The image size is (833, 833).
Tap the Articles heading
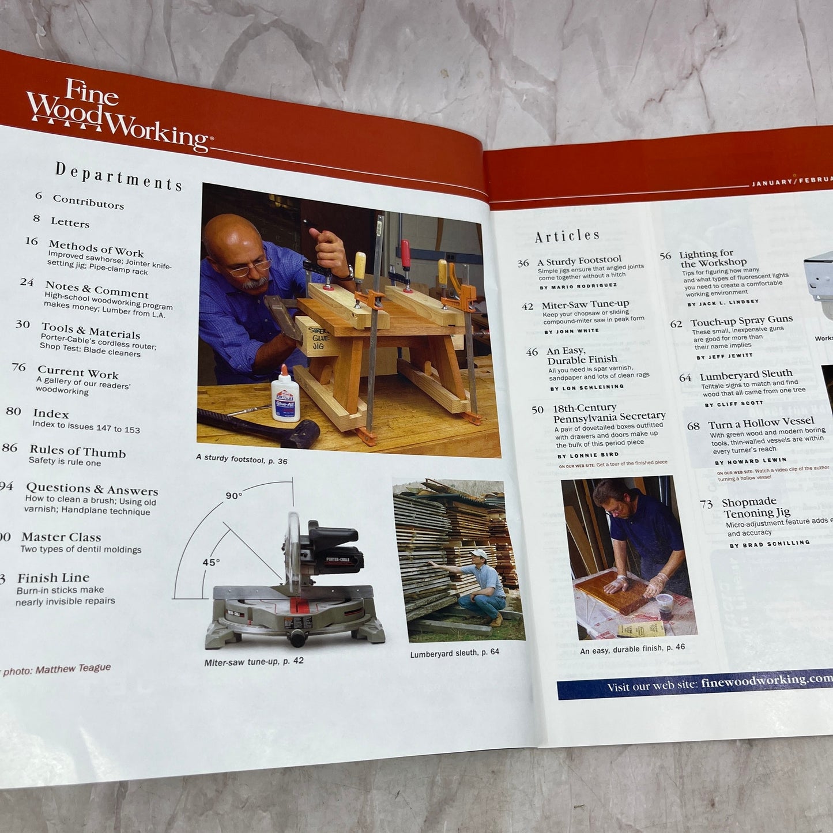coord(567,236)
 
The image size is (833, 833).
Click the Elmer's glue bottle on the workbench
coord(285,395)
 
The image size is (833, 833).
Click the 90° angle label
coord(233,496)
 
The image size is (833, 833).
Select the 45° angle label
coord(211,562)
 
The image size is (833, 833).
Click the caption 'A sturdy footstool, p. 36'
coord(242,459)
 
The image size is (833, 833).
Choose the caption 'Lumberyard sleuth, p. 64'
coord(454,653)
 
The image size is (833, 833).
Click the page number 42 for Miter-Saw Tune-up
coord(527,307)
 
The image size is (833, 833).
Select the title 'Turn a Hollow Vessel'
coord(761,423)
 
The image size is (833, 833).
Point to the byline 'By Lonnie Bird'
coord(588,455)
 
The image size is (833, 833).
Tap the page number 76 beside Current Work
coord(18,367)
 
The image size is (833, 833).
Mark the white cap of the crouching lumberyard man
coord(478,553)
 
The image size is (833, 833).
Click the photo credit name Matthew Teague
coord(73,669)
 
